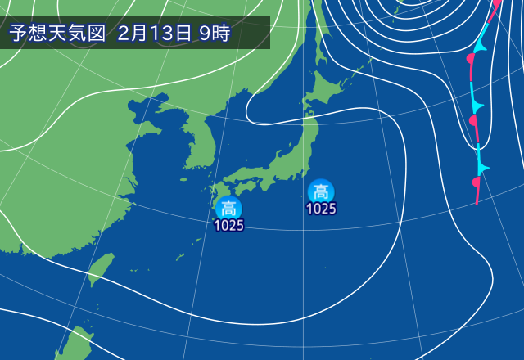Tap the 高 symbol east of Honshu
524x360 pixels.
(x=320, y=192)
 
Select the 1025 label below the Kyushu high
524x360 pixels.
(x=229, y=226)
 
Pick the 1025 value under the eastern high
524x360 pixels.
(x=321, y=209)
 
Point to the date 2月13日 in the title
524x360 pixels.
(x=155, y=34)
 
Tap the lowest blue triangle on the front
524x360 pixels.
(x=483, y=168)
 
